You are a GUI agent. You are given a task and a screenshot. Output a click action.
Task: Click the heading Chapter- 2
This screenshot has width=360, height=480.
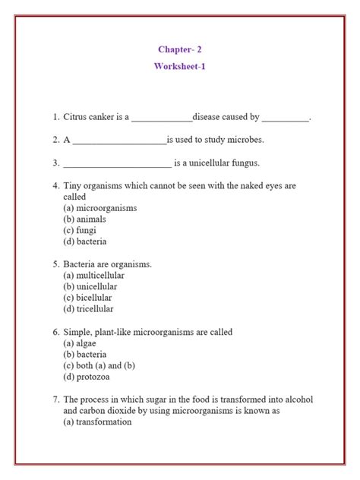pos(180,50)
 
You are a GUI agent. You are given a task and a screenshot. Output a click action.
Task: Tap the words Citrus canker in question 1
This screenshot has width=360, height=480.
pos(91,117)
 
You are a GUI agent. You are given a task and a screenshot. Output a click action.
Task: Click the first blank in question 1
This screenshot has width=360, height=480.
pos(162,118)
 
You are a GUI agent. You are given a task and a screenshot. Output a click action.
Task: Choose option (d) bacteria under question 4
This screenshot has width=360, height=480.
pos(85,242)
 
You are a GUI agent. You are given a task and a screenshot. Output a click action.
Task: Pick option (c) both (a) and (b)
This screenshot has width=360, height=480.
pos(98,366)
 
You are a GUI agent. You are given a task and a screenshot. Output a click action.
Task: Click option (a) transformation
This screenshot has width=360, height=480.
pos(98,422)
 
